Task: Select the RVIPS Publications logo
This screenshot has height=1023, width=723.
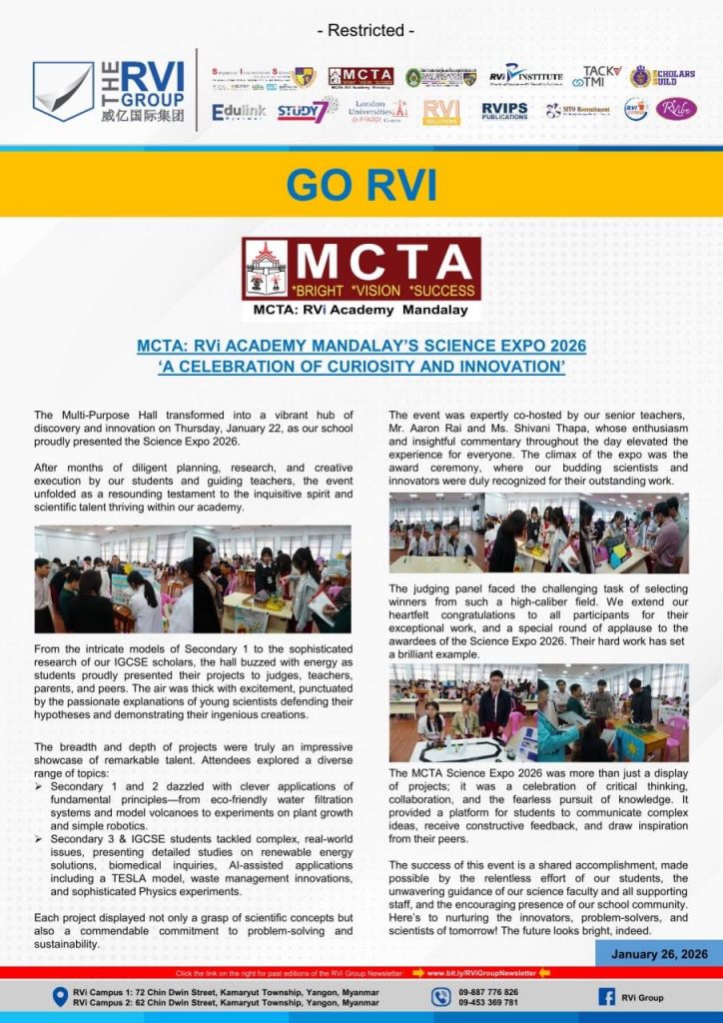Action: tap(505, 110)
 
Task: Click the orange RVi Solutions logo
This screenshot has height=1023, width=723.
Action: tap(440, 111)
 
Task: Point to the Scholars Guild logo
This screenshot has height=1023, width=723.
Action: tap(662, 76)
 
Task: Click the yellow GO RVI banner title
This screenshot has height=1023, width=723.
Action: tap(361, 185)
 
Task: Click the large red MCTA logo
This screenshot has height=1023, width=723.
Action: tap(361, 268)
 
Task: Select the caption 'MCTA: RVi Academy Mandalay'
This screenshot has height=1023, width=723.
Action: tap(361, 310)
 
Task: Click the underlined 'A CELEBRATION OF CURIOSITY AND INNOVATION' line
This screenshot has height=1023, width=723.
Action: tap(361, 367)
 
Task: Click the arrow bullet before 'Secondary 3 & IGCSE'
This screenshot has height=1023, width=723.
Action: tap(40, 839)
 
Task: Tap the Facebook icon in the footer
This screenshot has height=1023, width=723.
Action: tap(606, 996)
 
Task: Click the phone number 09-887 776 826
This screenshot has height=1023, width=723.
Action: tap(488, 991)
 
